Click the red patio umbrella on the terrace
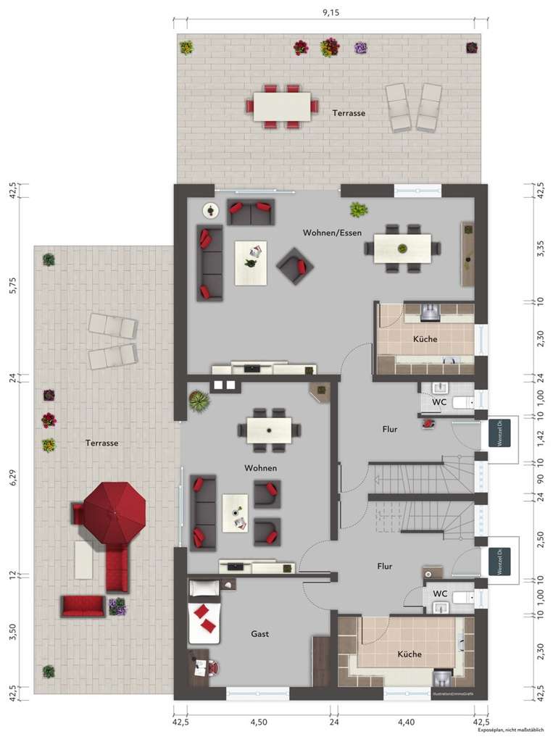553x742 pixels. [x=114, y=513]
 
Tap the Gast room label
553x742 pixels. [x=260, y=633]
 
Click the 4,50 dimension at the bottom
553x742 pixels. [x=258, y=722]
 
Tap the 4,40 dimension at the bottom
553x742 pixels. [x=405, y=722]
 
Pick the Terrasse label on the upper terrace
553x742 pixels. [x=349, y=113]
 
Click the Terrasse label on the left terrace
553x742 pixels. [x=101, y=442]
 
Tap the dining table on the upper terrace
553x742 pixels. [x=282, y=106]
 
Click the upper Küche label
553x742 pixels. [x=425, y=339]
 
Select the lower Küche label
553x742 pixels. [x=409, y=654]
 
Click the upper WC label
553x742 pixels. [x=439, y=401]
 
